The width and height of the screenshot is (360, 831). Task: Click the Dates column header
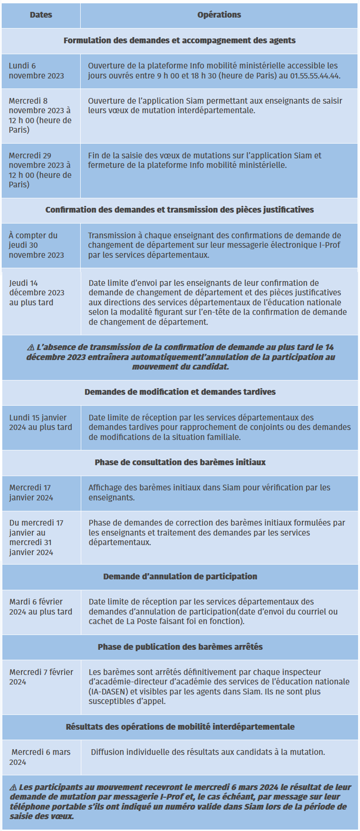(41, 15)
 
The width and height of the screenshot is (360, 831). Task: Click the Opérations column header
(219, 15)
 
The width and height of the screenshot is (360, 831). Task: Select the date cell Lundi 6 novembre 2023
(36, 71)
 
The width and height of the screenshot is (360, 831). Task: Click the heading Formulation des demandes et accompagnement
(179, 41)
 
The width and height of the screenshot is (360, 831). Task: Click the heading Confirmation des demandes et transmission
(179, 210)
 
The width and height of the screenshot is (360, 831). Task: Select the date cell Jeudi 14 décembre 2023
(37, 293)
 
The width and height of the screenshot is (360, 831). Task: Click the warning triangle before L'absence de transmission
(31, 347)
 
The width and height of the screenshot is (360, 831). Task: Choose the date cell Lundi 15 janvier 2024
(40, 422)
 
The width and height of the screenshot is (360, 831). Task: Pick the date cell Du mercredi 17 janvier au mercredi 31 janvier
(36, 537)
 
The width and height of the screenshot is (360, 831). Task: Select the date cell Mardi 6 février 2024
(40, 606)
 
